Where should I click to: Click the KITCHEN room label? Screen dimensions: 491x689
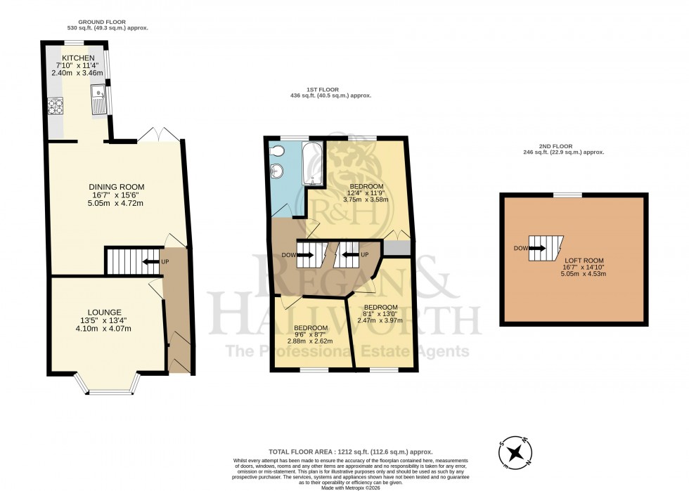tap(74, 58)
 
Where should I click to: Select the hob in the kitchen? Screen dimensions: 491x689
tap(55, 106)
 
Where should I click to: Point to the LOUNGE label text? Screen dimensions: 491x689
tap(105, 312)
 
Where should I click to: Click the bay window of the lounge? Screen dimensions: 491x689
tap(106, 387)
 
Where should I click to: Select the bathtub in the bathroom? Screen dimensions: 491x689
tap(312, 164)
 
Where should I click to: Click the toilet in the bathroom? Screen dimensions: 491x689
tap(278, 151)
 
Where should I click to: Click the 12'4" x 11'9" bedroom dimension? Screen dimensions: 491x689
tap(365, 194)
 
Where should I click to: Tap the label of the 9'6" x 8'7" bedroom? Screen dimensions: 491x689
tap(310, 328)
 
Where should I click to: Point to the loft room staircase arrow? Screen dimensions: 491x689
tap(538, 248)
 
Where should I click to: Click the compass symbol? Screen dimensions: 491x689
tap(517, 451)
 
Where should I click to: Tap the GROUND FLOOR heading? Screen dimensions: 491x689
tap(103, 22)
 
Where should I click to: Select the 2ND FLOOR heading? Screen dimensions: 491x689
tap(564, 147)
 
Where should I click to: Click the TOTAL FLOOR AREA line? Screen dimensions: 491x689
tap(349, 452)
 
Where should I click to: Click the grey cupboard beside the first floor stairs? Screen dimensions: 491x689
tap(396, 248)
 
